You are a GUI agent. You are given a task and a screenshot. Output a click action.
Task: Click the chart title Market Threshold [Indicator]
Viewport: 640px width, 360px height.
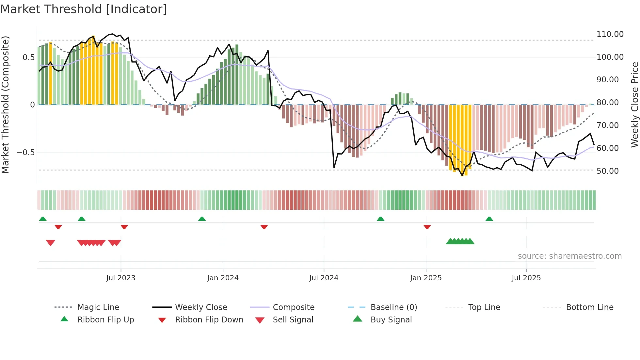click(x=84, y=9)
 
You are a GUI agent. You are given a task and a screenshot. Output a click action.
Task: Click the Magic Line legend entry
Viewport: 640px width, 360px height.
click(x=98, y=307)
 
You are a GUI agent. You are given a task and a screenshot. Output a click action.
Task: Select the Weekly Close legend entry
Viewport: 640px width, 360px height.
click(x=201, y=307)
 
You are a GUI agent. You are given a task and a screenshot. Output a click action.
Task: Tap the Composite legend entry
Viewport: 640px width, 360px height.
click(x=293, y=307)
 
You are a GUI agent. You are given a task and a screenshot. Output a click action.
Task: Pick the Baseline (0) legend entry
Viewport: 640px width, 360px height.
click(x=393, y=307)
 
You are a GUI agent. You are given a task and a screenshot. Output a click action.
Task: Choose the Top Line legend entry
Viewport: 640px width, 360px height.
click(x=484, y=307)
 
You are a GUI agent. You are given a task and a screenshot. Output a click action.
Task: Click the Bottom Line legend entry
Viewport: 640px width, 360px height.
click(x=589, y=307)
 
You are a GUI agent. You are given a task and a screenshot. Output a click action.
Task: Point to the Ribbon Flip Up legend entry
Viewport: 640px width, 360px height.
click(x=105, y=320)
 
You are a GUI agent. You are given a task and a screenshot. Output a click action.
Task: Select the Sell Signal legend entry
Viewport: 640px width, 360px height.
click(x=293, y=320)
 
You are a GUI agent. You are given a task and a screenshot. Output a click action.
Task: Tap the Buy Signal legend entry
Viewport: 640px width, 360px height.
click(x=391, y=320)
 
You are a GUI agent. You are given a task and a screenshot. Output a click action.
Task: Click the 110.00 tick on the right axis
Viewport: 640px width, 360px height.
click(x=610, y=34)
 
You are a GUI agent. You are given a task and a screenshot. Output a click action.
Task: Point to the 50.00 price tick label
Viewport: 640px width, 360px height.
click(x=607, y=171)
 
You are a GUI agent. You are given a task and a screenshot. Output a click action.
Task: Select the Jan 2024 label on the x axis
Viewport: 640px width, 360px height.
click(x=223, y=278)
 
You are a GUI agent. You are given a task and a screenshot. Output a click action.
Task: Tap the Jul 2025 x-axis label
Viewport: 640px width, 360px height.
click(x=526, y=278)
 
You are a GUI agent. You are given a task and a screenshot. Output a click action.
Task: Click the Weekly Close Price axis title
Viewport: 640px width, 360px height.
click(x=634, y=105)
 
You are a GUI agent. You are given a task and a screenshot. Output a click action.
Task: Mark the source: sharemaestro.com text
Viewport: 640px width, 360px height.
click(x=569, y=256)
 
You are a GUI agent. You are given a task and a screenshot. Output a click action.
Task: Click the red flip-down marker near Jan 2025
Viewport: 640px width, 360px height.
click(x=427, y=227)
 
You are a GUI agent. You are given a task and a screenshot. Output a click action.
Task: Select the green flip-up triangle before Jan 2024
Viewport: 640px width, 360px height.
click(x=202, y=219)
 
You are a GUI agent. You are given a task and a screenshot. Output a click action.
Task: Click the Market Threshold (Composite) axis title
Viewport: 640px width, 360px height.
click(x=5, y=105)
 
